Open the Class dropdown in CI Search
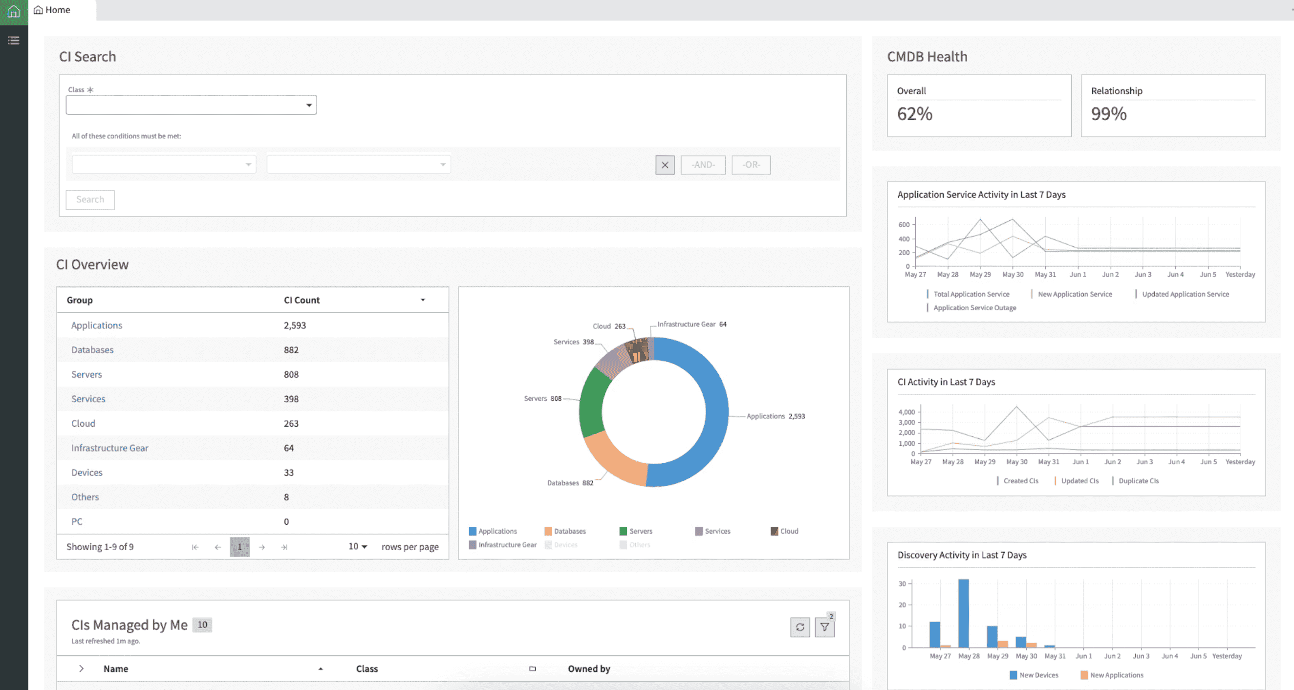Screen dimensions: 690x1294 coord(192,105)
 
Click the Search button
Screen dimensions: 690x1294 coord(90,199)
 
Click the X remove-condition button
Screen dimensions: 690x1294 coord(665,165)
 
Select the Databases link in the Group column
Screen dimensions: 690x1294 coord(92,350)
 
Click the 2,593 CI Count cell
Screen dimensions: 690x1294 coord(294,325)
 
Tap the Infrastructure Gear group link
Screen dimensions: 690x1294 coord(109,448)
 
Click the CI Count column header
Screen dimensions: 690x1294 coord(302,300)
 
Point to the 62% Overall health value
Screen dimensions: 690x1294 coord(914,114)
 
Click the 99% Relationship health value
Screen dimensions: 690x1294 coord(1108,114)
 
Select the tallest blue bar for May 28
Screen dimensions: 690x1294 coord(963,613)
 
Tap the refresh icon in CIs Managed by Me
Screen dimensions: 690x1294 coord(799,627)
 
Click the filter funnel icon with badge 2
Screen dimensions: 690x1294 coord(824,627)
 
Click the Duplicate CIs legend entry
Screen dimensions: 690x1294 coord(1138,480)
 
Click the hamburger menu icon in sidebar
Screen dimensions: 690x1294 coord(14,40)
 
